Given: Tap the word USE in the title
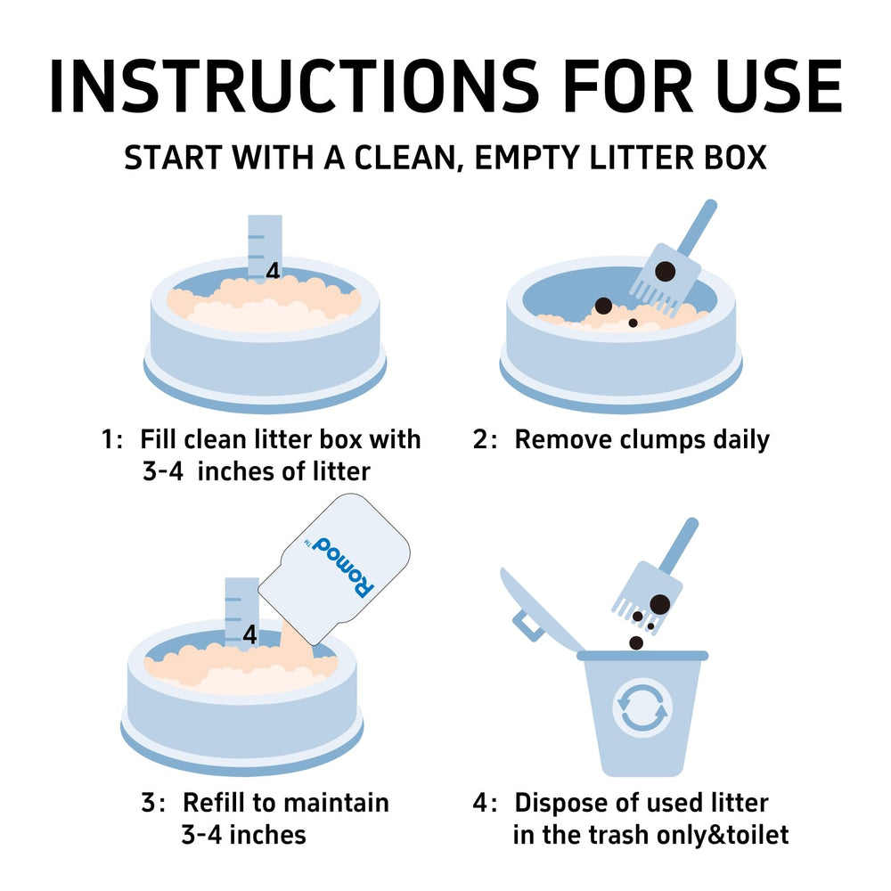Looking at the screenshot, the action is tap(779, 86).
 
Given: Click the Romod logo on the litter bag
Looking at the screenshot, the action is tap(339, 566).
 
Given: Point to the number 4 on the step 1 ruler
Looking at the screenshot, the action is tap(273, 271).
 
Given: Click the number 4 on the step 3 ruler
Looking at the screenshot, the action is tap(249, 634).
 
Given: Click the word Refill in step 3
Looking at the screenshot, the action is tap(214, 803).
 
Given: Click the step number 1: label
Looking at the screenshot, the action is tap(112, 440).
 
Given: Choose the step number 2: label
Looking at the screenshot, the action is tap(485, 440).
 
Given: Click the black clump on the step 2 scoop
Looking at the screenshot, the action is tap(666, 272).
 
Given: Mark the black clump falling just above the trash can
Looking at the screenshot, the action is tap(636, 642).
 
